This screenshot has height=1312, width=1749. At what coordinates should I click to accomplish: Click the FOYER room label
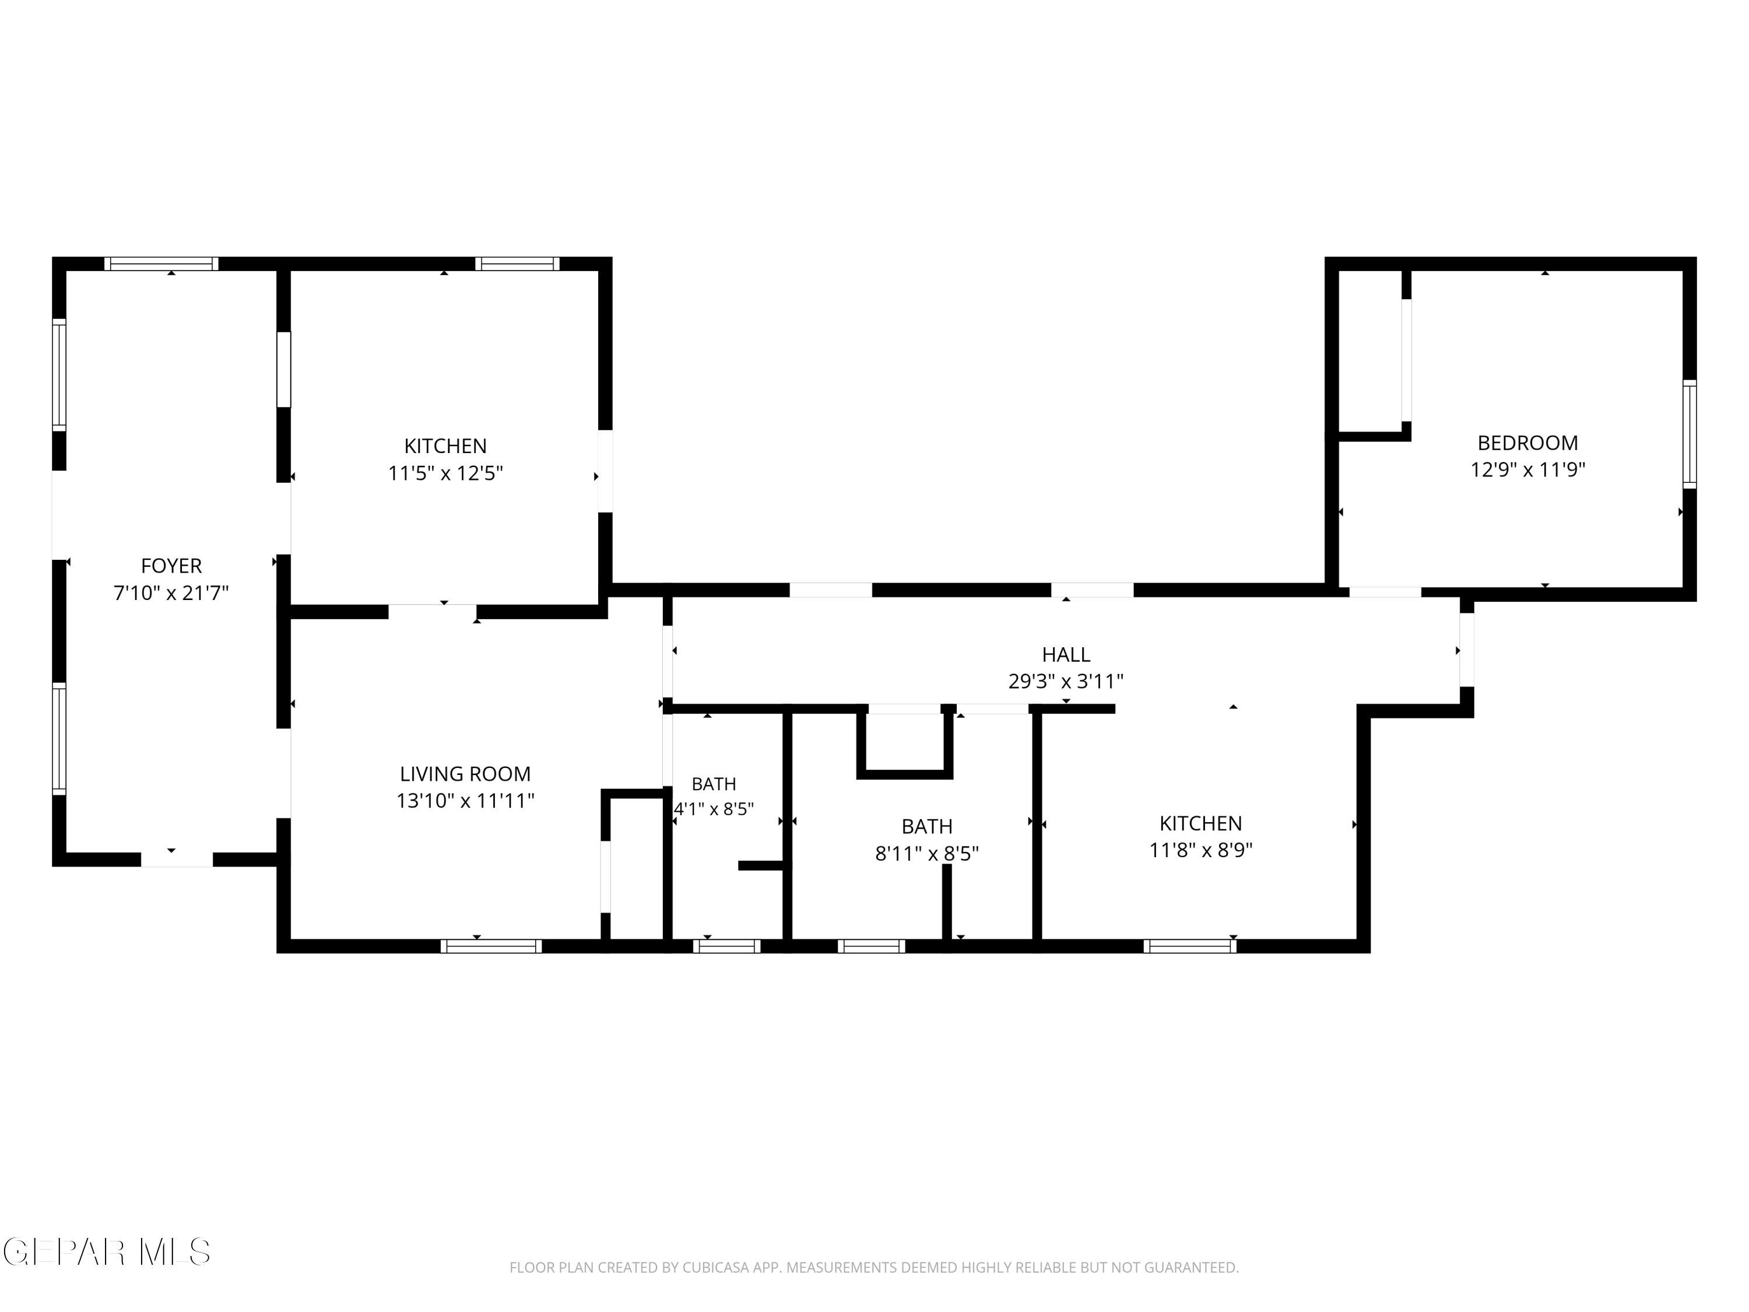171,566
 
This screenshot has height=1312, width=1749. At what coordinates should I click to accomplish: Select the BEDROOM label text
1527,443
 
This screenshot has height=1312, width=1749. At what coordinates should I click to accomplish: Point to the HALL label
1066,655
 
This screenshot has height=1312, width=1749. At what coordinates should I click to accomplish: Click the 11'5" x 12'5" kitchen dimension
446,473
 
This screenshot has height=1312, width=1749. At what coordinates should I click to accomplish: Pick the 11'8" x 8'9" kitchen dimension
1200,850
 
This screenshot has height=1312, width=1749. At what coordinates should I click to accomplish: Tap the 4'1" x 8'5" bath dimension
713,809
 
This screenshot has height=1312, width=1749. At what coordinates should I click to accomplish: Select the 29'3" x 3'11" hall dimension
1066,681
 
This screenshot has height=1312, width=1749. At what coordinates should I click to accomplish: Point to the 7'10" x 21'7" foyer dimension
171,592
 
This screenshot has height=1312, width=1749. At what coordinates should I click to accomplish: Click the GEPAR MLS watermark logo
107,1252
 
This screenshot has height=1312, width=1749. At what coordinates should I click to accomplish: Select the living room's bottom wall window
491,946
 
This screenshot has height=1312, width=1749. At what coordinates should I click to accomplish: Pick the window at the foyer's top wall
161,264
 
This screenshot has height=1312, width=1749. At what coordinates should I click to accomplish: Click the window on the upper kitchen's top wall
517,264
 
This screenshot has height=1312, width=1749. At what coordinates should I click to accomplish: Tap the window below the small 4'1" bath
726,946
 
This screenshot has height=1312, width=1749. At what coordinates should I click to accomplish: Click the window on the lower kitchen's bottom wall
1190,946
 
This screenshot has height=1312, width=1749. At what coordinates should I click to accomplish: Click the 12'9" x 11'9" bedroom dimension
1527,470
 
